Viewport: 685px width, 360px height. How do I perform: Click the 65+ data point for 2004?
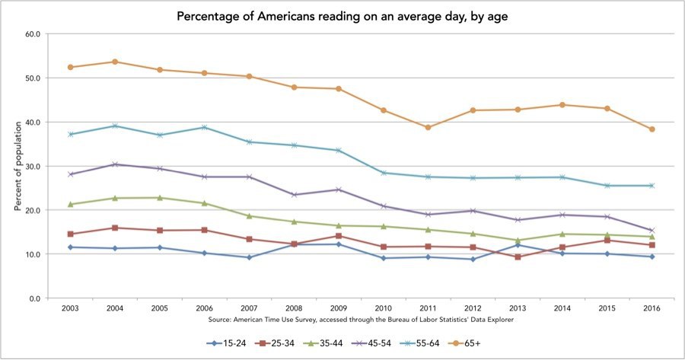tap(115, 62)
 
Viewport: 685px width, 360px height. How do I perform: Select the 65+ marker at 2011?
tap(428, 127)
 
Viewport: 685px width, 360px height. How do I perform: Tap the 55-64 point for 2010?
tap(384, 173)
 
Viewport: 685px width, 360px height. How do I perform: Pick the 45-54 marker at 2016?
tap(652, 231)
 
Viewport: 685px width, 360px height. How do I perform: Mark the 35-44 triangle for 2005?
tap(160, 198)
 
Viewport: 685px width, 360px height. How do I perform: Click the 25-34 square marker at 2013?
tap(518, 256)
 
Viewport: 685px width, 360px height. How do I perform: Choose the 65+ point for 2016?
tap(652, 129)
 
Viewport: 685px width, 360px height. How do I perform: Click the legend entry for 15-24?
tap(228, 342)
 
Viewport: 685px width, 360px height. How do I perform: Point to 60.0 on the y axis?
tap(33, 34)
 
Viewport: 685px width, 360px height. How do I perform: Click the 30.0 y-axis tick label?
tap(33, 166)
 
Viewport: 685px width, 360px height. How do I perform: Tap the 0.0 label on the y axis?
tap(35, 298)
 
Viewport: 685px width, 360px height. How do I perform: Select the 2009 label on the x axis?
tap(339, 307)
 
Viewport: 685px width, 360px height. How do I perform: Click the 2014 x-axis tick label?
tap(562, 307)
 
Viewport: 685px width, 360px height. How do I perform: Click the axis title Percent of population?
tap(17, 166)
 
